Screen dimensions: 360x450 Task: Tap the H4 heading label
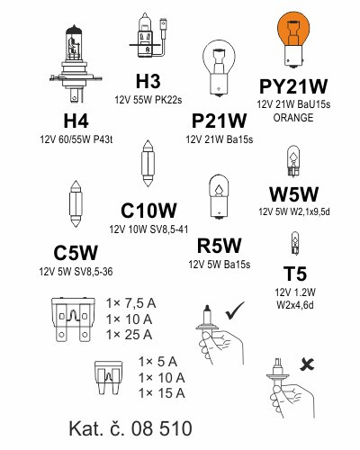(76, 121)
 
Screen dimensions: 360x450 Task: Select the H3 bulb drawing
(148, 35)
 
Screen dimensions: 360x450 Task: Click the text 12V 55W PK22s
(148, 100)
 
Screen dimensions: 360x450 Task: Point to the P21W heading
(219, 121)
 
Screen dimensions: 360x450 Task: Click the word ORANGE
(293, 118)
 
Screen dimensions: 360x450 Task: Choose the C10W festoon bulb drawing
(148, 163)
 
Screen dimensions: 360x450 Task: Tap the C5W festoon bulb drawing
(76, 203)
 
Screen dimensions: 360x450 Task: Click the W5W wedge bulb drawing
(293, 160)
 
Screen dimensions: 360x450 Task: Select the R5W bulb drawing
(219, 197)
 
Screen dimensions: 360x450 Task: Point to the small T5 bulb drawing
(295, 243)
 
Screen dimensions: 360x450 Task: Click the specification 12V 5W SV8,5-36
(76, 272)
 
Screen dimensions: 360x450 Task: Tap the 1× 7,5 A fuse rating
(131, 303)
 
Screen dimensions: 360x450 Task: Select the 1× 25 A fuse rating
(130, 335)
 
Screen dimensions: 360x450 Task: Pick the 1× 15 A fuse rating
(162, 393)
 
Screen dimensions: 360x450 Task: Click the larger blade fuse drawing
(73, 319)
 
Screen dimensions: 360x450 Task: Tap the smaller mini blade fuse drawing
(108, 378)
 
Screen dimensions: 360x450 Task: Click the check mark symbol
(235, 310)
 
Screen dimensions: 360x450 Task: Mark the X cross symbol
(307, 364)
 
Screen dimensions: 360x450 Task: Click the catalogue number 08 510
(161, 428)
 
